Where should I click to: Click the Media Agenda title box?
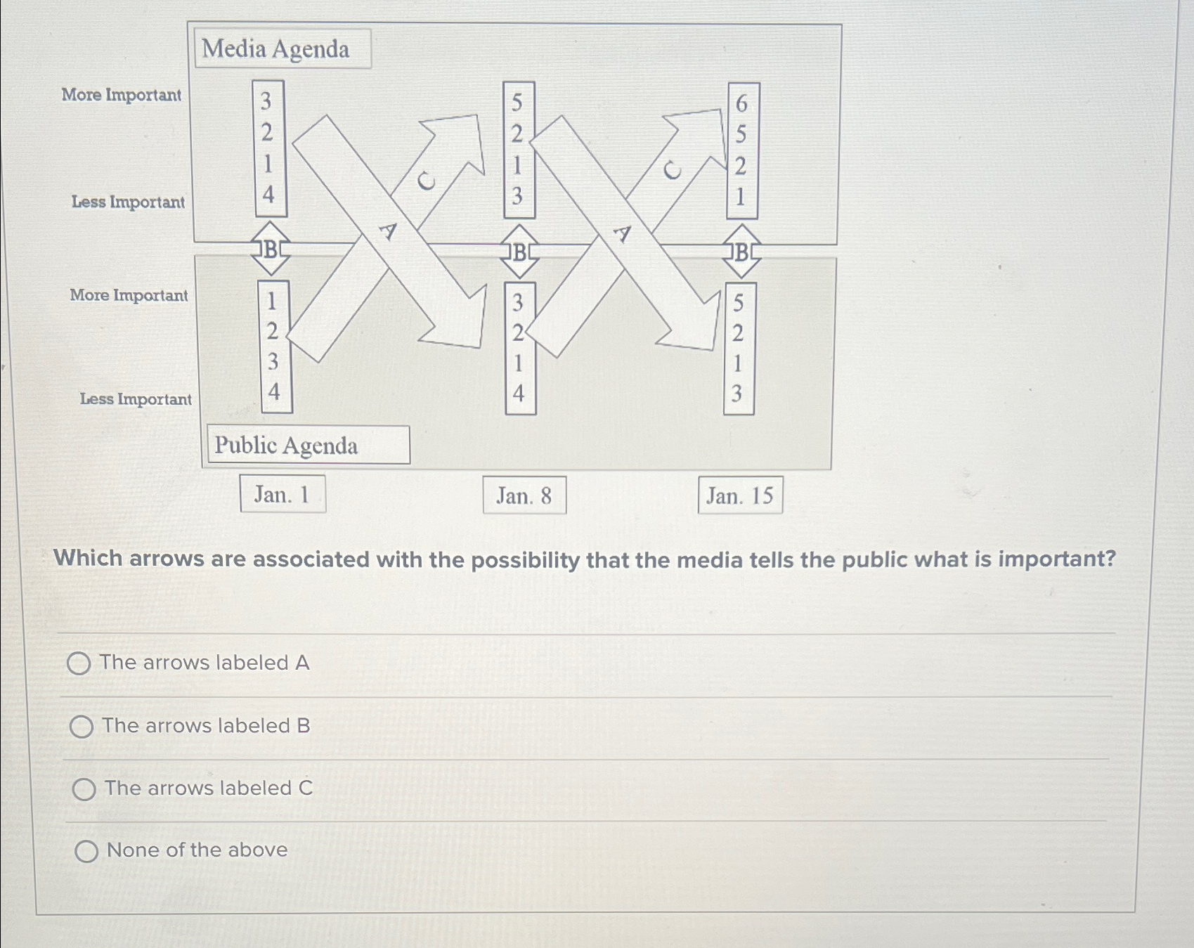(x=283, y=48)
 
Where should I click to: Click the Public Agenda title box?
(x=308, y=445)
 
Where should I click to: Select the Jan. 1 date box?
(x=283, y=494)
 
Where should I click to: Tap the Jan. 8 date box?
(x=524, y=495)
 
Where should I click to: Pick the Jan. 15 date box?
(x=740, y=495)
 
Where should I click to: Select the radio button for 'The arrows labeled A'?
(x=79, y=663)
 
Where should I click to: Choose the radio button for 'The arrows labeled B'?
(x=82, y=727)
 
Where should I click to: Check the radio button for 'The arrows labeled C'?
(x=84, y=789)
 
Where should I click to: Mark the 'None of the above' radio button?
(x=86, y=852)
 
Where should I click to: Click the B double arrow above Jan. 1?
(x=271, y=249)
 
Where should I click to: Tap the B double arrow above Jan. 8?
(x=519, y=252)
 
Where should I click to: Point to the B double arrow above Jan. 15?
(x=741, y=252)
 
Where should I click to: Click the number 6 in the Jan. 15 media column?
(x=741, y=104)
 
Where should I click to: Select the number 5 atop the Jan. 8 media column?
(x=517, y=103)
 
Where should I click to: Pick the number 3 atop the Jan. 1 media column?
(x=266, y=102)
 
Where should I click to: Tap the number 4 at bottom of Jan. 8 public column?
(x=519, y=393)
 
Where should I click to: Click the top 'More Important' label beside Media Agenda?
(x=122, y=95)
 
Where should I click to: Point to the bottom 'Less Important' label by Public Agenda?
(x=136, y=399)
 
